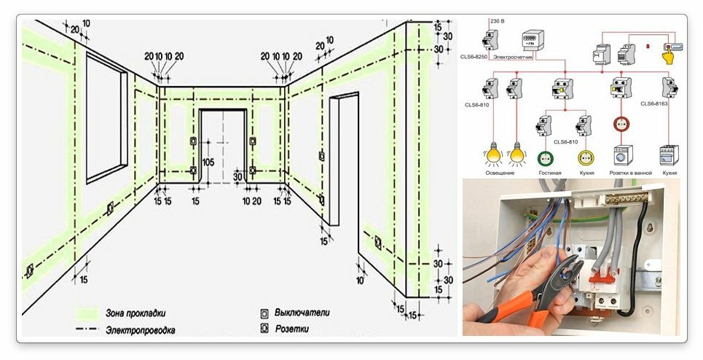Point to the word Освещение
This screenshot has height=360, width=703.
[500, 173]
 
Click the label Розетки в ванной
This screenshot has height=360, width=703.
[624, 173]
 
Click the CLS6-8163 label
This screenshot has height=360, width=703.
[656, 104]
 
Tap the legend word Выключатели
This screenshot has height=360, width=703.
[302, 313]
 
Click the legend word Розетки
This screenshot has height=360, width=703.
[291, 330]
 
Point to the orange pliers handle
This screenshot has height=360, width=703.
[510, 309]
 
